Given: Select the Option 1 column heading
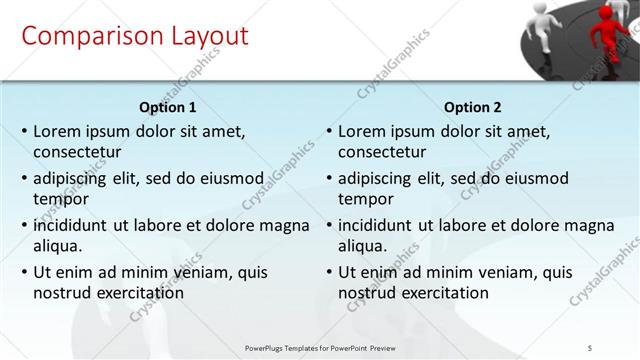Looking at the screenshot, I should [168, 107].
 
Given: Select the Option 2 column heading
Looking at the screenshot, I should [473, 107].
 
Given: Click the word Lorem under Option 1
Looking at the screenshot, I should [57, 131].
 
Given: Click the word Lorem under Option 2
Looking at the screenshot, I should [362, 131].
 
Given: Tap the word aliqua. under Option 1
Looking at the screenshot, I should [58, 245].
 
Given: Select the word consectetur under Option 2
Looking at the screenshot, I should [382, 152].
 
